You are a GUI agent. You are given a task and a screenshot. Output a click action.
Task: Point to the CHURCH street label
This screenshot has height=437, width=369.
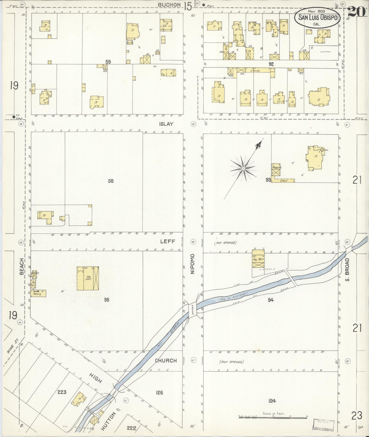166,361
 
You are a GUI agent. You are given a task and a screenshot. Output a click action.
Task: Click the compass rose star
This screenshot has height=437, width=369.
244,169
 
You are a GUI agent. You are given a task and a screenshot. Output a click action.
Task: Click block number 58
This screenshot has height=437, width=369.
111,181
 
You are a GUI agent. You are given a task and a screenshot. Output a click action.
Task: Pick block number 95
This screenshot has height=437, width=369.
107,300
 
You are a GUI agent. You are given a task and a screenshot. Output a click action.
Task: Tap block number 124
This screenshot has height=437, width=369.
272,401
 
